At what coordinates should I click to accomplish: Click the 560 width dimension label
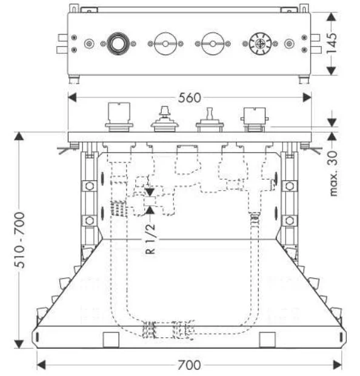click(189, 98)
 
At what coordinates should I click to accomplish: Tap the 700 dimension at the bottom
click(189, 365)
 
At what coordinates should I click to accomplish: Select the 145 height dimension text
click(332, 44)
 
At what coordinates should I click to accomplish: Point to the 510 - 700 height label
click(19, 240)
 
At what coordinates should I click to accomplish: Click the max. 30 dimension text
click(333, 173)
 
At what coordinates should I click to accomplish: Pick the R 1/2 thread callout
click(151, 239)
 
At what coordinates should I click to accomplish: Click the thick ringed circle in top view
click(118, 44)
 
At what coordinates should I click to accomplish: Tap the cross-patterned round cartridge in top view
click(260, 44)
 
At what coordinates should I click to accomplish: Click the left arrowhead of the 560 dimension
click(72, 97)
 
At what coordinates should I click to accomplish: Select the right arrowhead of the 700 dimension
click(338, 365)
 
